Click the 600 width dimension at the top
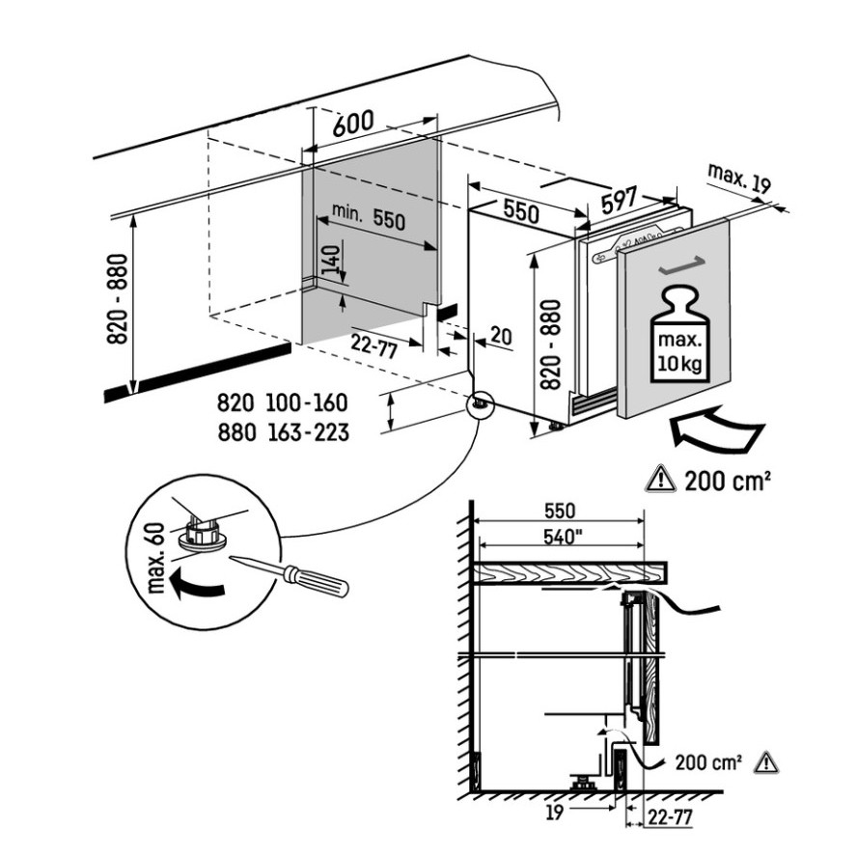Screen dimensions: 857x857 pyautogui.click(x=353, y=124)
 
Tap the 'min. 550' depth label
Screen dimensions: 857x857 pyautogui.click(x=369, y=217)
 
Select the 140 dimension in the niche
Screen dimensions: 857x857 pyautogui.click(x=330, y=261)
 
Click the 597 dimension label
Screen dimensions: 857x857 pyautogui.click(x=620, y=200)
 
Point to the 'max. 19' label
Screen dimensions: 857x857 pyautogui.click(x=739, y=179)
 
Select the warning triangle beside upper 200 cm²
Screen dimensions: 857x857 pyautogui.click(x=660, y=479)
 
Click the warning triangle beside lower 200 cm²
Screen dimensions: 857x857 pyautogui.click(x=765, y=762)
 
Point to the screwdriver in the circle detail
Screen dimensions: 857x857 pyautogui.click(x=290, y=575)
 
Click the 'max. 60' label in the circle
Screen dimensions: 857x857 pyautogui.click(x=156, y=558)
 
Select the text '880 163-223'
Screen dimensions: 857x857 pyautogui.click(x=283, y=433)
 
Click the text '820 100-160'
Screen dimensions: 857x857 pyautogui.click(x=283, y=402)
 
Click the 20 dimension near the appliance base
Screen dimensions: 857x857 pyautogui.click(x=501, y=336)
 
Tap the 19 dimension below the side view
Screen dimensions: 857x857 pyautogui.click(x=554, y=813)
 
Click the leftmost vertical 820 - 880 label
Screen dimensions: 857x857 pyautogui.click(x=118, y=299)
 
